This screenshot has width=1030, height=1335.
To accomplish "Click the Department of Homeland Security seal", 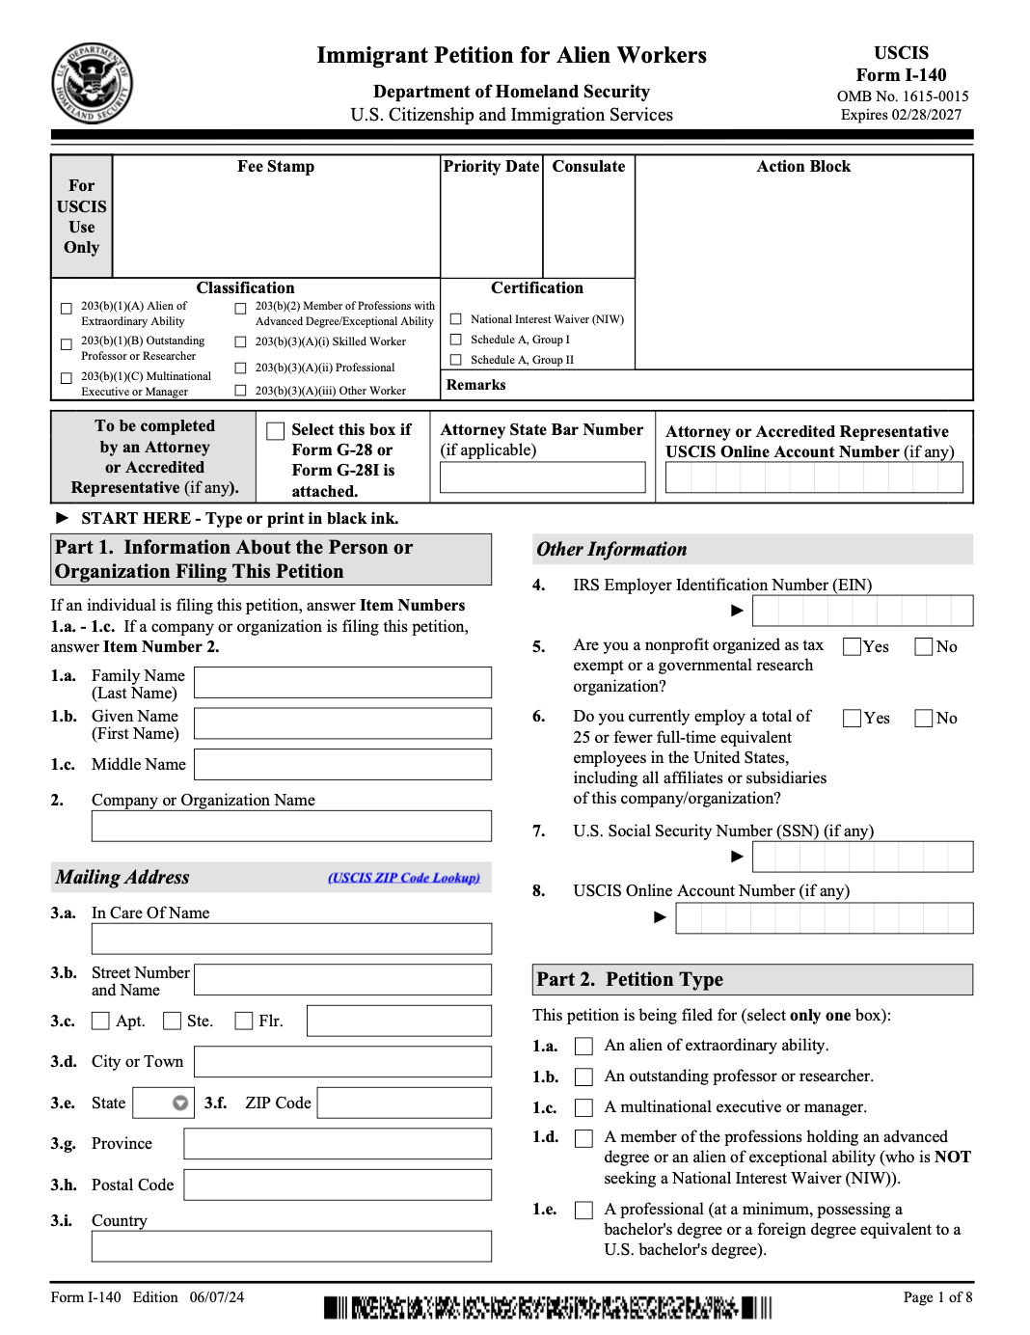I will [92, 83].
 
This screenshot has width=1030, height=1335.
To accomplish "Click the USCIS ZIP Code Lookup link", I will [403, 878].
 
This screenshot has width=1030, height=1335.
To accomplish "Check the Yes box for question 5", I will [853, 646].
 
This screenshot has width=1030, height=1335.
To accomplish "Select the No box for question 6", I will [924, 718].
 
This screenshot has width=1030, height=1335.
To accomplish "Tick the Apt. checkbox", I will [100, 1021].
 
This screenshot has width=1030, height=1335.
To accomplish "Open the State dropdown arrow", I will [180, 1103].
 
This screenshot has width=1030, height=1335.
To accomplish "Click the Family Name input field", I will [342, 682].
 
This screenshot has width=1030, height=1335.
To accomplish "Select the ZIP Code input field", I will [404, 1103].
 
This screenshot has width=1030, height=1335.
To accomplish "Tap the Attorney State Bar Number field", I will [542, 477].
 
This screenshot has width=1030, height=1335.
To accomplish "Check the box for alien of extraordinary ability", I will [583, 1046].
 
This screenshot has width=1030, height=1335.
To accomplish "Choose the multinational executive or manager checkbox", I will [583, 1107].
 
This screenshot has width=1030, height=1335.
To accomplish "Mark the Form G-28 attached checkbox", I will [276, 431].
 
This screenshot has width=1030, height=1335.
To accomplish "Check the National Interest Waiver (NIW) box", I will [456, 319].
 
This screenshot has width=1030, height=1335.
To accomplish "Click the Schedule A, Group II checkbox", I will [456, 360].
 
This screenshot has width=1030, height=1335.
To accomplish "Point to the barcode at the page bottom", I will [548, 1308].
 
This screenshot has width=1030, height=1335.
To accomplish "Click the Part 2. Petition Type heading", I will [630, 979].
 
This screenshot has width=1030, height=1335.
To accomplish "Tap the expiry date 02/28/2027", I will [926, 115].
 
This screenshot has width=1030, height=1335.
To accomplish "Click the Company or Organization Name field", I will [291, 826].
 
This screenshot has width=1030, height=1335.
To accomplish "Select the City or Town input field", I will [342, 1061].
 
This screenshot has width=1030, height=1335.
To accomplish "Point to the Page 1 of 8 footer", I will [937, 1297].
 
